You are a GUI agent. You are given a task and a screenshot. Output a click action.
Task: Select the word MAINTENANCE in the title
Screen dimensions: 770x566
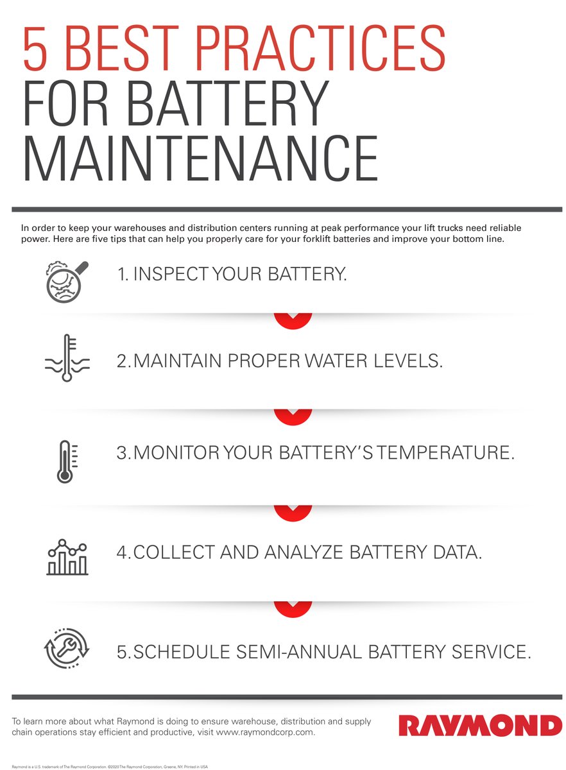coord(200,158)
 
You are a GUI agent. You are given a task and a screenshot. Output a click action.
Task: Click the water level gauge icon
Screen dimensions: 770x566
coord(67,358)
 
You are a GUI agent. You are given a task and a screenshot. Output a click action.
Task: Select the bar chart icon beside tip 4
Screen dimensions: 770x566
coord(67,556)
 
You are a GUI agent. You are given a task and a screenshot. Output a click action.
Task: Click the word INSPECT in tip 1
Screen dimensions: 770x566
coord(169,275)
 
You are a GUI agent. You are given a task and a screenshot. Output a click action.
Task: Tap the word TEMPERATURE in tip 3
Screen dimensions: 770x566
coord(446,452)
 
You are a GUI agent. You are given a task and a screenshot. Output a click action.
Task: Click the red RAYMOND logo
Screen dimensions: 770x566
coord(480,726)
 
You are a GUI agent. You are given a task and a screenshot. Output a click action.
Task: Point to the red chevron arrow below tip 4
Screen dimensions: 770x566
coord(293,608)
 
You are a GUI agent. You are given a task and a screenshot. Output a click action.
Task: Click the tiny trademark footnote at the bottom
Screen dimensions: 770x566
coord(109,766)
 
